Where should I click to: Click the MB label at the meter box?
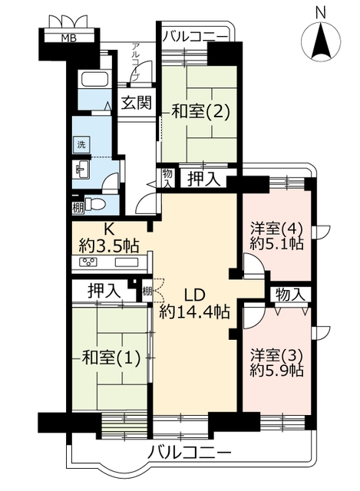68,38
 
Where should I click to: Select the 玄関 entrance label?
137,102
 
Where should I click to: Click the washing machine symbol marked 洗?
81,145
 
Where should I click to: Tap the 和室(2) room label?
201,111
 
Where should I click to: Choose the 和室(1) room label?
111,358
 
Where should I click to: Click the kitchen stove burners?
89,262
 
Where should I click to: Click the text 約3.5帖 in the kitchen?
109,245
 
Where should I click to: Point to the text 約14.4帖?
194,312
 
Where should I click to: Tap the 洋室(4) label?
276,229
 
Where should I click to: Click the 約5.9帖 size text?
276,371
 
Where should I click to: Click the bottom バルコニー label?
190,453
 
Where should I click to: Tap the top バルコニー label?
194,37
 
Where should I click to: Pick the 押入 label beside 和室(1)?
104,291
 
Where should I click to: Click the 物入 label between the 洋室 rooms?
290,295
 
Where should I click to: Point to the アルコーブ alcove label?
136,62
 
